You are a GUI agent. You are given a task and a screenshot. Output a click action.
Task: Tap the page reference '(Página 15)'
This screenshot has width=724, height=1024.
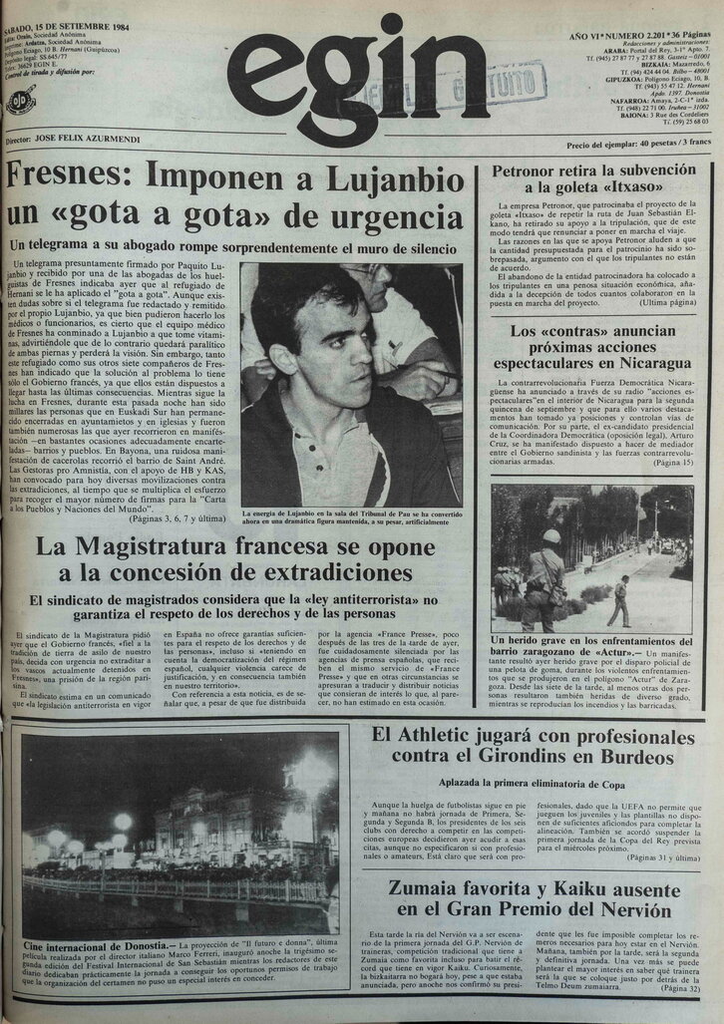click(x=671, y=463)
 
